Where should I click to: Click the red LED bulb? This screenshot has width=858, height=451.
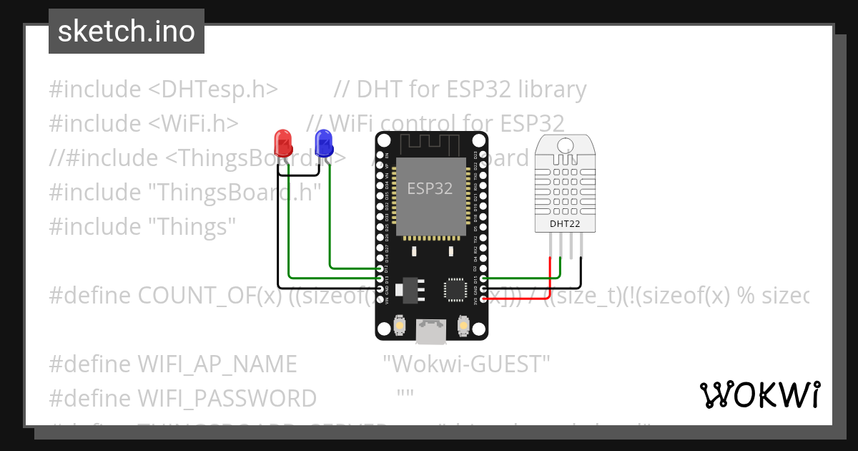[283, 142]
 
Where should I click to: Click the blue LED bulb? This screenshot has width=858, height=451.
[324, 142]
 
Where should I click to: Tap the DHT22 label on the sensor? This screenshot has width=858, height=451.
[565, 224]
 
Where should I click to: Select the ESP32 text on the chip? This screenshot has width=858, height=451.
[430, 188]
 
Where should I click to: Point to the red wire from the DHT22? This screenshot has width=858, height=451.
[549, 279]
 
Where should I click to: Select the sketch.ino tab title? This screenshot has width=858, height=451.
[126, 31]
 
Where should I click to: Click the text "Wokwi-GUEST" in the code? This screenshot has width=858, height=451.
[466, 364]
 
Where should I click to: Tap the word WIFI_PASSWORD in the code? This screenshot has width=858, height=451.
[227, 398]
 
